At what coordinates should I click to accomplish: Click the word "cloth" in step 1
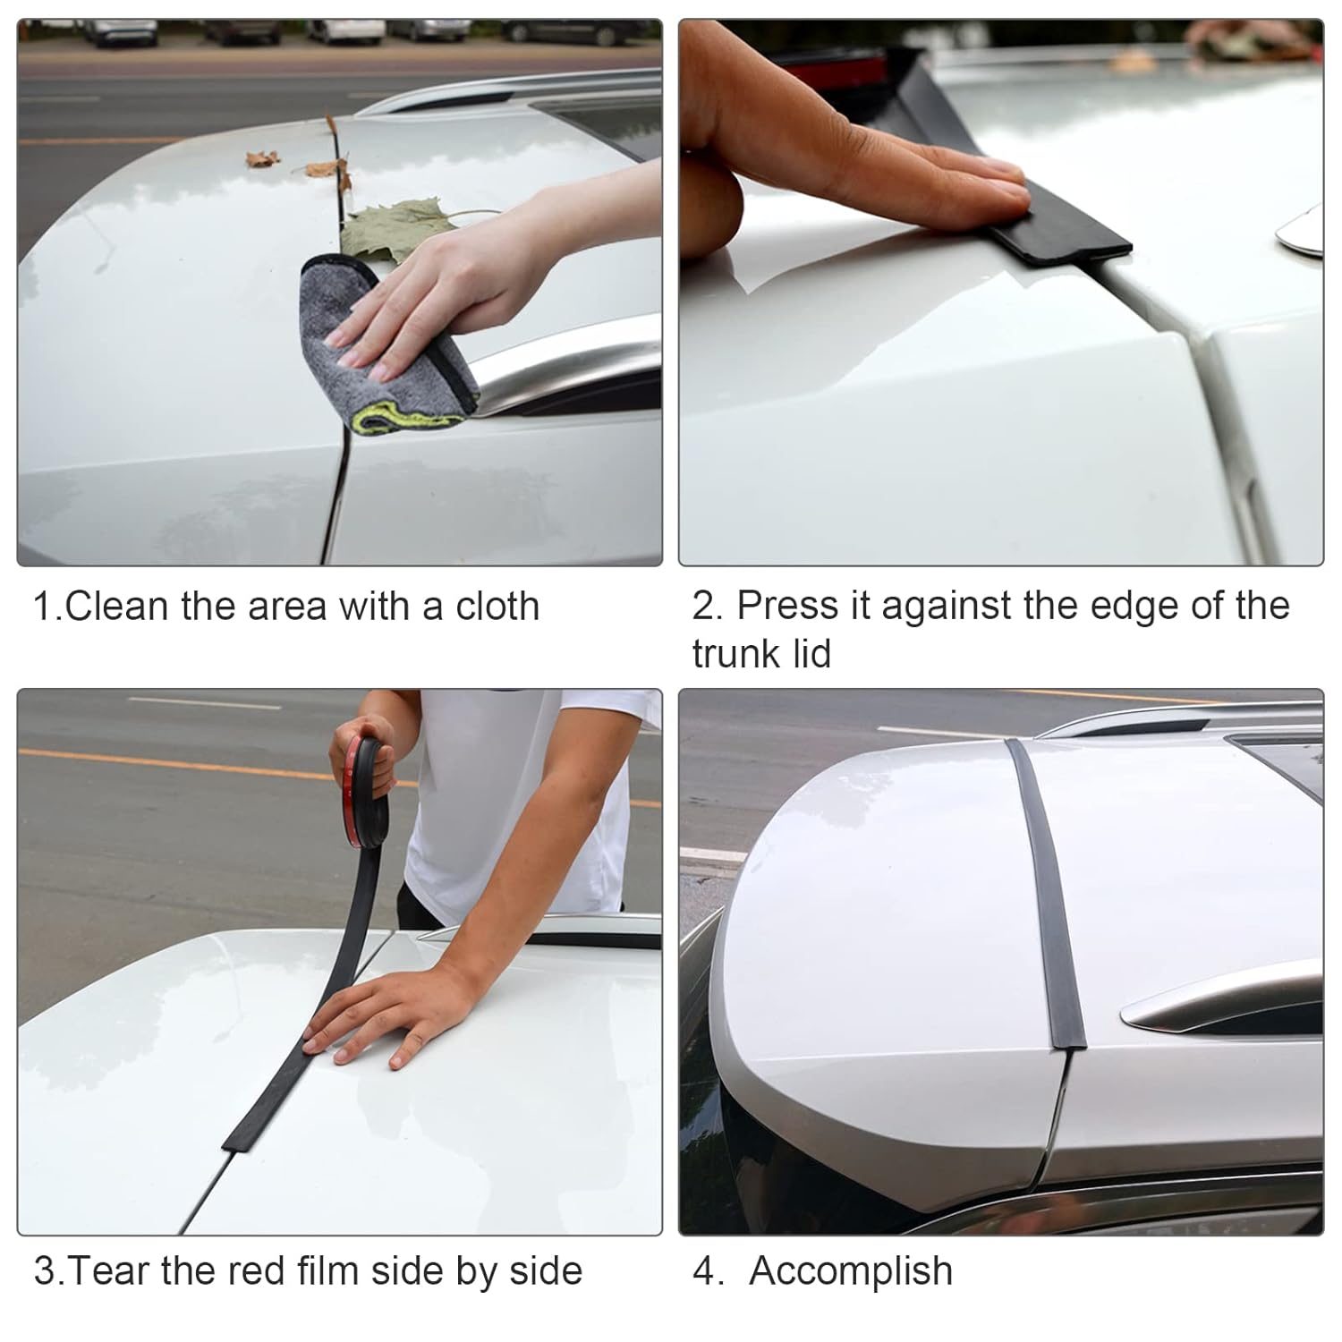[497, 607]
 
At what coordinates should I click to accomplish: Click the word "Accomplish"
[851, 1271]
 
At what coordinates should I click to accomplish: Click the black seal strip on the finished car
[1047, 895]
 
